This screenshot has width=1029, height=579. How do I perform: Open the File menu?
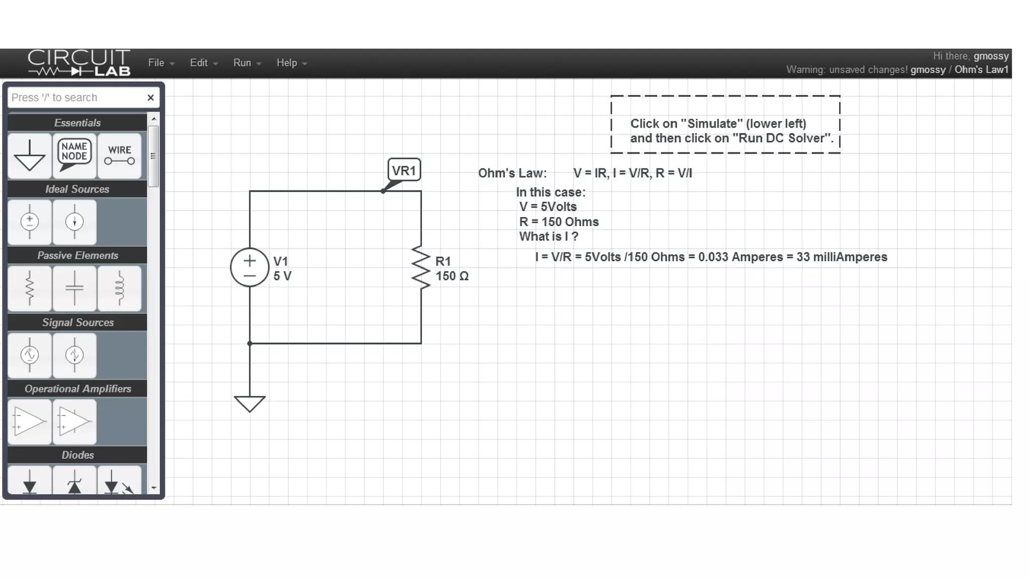(160, 63)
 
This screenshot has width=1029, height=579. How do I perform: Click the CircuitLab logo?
(79, 63)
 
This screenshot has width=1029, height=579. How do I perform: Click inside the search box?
(75, 98)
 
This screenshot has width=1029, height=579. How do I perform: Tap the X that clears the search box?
(150, 98)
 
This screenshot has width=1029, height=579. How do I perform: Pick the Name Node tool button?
(74, 155)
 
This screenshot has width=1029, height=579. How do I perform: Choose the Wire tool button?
(119, 155)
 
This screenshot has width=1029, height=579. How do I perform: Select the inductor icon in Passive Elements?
(119, 288)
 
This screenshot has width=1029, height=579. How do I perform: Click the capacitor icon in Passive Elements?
(74, 288)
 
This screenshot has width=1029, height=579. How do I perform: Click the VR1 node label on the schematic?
(404, 170)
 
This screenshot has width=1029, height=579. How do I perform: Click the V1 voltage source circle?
(250, 267)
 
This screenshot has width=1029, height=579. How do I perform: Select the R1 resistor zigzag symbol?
(421, 267)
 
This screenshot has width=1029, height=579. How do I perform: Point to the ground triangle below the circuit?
(250, 403)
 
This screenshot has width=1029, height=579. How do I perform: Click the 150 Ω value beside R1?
(452, 276)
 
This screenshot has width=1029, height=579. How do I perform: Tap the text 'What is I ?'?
(548, 237)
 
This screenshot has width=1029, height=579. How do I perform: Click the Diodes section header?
(77, 455)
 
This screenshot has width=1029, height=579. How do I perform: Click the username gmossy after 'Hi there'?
(991, 56)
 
